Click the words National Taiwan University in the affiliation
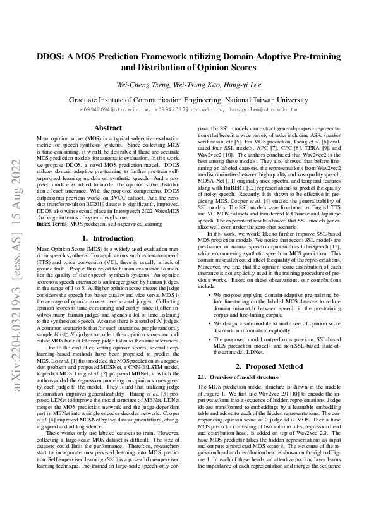coord(262,99)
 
